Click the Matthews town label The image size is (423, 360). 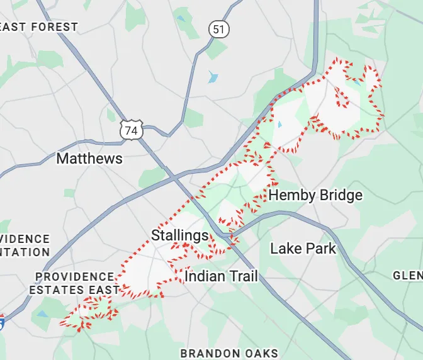89,159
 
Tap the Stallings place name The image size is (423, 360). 179,236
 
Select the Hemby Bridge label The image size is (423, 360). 315,195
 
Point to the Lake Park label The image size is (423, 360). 303,249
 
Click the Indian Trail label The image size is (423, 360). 221,276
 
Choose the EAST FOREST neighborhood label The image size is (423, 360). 39,28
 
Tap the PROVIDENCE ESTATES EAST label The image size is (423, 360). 74,283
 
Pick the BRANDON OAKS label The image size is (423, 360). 229,353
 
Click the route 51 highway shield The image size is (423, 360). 218,29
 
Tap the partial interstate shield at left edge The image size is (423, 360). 2,322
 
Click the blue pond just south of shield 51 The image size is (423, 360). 213,78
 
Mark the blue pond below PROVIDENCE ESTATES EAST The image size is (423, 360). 42,313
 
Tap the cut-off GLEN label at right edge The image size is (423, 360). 407,276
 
